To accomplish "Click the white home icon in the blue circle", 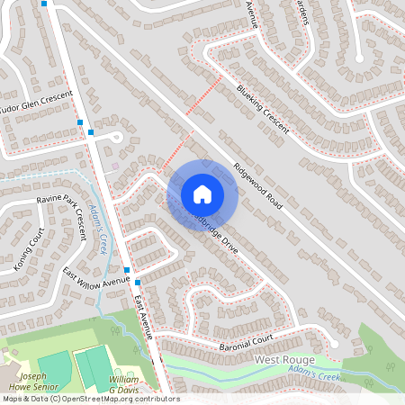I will [202, 193].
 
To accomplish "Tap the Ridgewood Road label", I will [258, 187].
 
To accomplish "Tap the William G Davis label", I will [124, 384].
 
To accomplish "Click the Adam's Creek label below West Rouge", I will [314, 370].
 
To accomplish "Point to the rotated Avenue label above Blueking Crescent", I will [252, 14].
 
